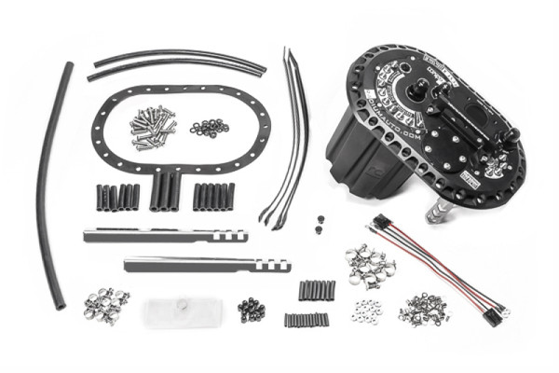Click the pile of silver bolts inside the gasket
pyautogui.click(x=153, y=127)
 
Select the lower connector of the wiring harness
pyautogui.click(x=492, y=314)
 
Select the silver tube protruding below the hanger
pyautogui.click(x=436, y=212)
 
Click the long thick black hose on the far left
pyautogui.click(x=51, y=186)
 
